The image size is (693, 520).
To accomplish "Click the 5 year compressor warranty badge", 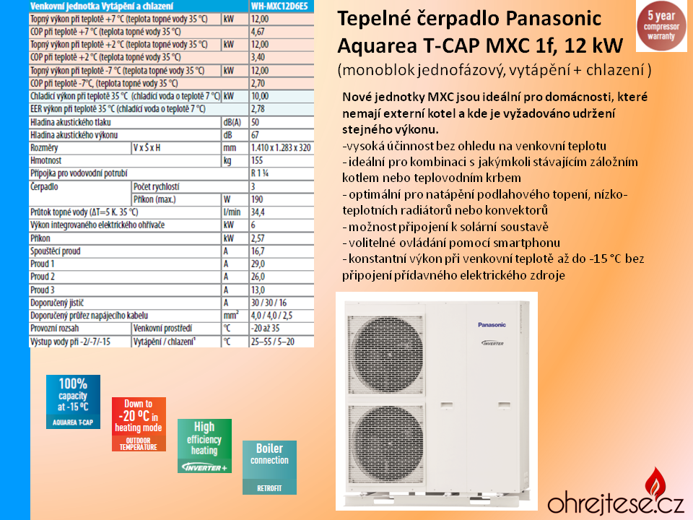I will (x=661, y=26).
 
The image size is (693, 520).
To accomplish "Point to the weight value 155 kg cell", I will (x=257, y=161).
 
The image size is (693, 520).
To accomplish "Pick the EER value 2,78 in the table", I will (x=257, y=109).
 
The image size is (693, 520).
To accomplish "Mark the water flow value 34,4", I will (x=257, y=212).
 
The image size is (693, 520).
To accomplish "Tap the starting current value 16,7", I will (x=257, y=251).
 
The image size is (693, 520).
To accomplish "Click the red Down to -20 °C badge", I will (x=139, y=424).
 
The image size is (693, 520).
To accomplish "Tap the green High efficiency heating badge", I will (x=204, y=446).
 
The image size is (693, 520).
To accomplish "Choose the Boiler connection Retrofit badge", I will (x=269, y=467).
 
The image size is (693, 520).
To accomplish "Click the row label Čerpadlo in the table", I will (x=45, y=187).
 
